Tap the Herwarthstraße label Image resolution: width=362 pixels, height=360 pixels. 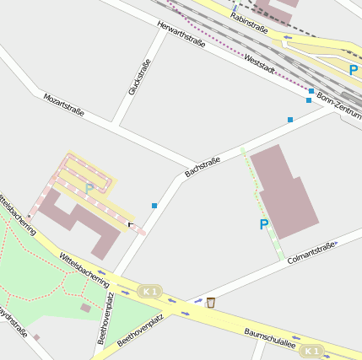tap(181, 35)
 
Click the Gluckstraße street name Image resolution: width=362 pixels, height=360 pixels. tap(139, 77)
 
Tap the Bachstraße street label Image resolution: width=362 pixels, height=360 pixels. tap(203, 166)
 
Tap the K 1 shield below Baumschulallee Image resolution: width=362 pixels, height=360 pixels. tap(312, 350)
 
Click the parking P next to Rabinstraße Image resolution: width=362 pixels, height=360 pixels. tap(353, 71)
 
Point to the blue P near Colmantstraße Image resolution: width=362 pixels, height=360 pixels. tap(264, 224)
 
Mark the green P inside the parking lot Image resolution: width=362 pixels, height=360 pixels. tap(89, 188)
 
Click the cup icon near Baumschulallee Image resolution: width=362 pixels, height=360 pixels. tap(210, 302)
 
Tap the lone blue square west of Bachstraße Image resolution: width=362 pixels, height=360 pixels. tap(154, 206)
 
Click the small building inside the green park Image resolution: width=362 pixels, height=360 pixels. tap(85, 309)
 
